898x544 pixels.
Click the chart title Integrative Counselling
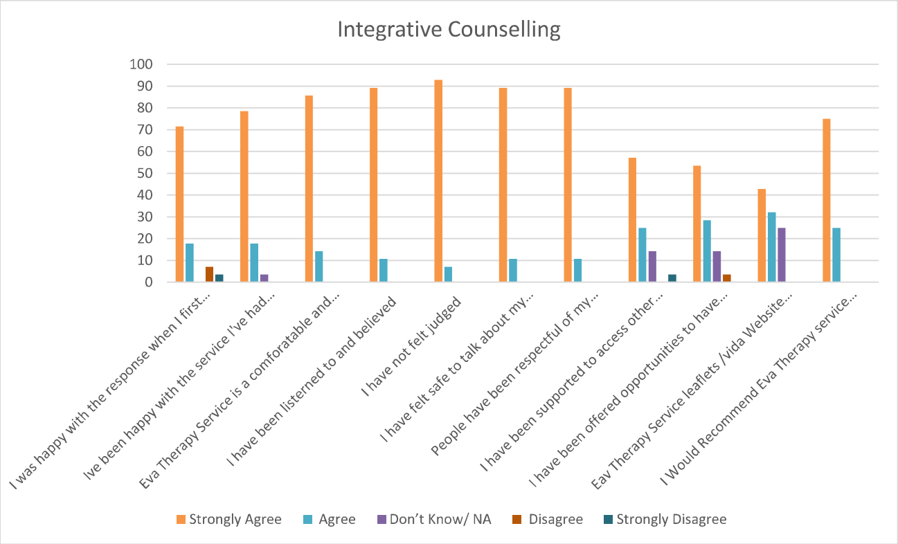[x=449, y=30]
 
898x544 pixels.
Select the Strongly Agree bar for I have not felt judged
[x=438, y=181]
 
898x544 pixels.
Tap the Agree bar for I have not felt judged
[x=448, y=275]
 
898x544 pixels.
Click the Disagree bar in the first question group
[x=209, y=275]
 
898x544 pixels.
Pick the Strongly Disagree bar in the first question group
[x=219, y=278]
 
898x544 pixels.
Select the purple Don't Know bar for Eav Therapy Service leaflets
[x=781, y=255]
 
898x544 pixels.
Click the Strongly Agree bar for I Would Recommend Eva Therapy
[x=826, y=201]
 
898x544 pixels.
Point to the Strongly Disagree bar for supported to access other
[x=671, y=278]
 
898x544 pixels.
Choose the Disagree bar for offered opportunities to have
[x=726, y=278]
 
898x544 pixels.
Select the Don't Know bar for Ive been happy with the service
[x=264, y=278]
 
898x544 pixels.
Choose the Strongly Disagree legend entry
[x=665, y=519]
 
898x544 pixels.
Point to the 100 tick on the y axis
[x=141, y=64]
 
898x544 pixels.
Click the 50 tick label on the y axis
[x=144, y=174]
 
